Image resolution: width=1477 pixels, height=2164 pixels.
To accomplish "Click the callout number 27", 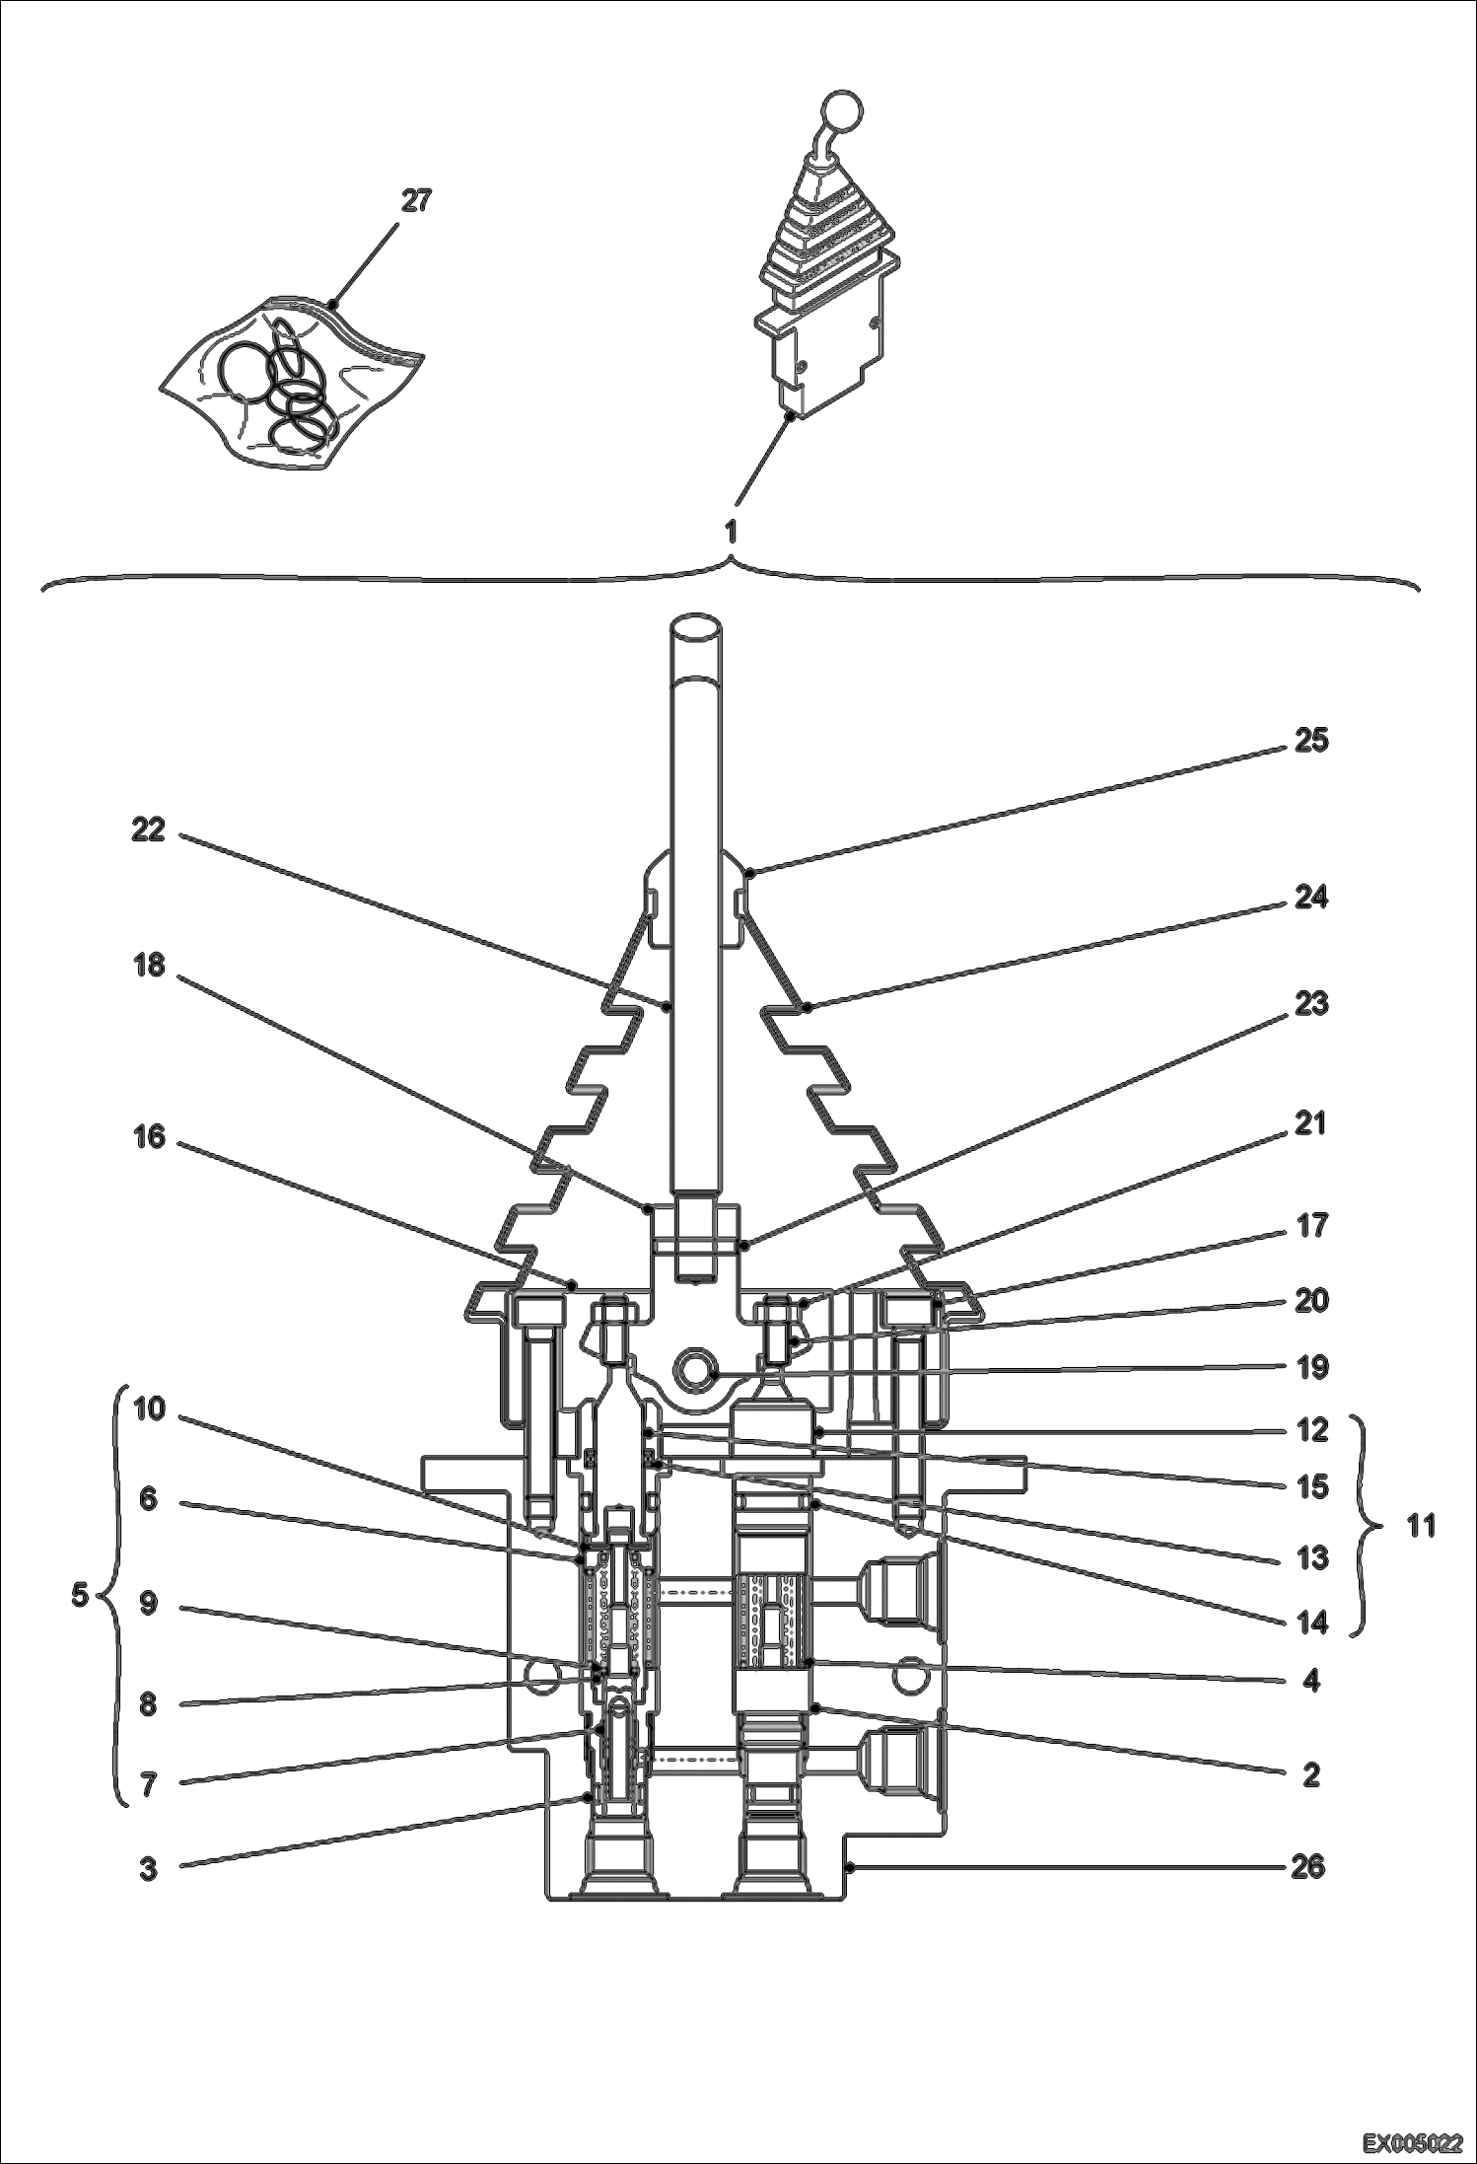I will tap(416, 201).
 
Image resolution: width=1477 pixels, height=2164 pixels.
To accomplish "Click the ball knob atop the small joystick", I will tap(840, 110).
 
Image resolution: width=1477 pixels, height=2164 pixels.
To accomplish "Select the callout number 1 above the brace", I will tap(731, 532).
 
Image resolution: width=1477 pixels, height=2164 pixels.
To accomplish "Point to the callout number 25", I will tap(1310, 740).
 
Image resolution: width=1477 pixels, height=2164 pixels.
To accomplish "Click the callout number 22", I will tap(148, 830).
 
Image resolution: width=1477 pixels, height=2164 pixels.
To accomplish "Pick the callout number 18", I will tap(148, 965).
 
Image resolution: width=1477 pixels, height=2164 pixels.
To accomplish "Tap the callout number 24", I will tap(1310, 898).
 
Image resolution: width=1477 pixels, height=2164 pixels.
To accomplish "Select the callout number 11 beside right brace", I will tap(1420, 1527).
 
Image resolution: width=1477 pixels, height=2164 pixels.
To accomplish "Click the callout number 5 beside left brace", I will tap(81, 1595).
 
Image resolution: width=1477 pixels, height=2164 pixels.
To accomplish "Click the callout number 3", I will tap(148, 1868).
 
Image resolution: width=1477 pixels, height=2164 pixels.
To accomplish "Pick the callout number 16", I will tap(148, 1138).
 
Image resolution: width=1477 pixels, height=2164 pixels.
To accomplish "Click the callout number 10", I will tap(148, 1409).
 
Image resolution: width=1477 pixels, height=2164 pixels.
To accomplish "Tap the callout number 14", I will tap(1311, 1622).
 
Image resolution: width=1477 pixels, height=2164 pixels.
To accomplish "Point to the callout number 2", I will tap(1311, 1775).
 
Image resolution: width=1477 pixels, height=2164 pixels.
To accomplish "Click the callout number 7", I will tap(148, 1784).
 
